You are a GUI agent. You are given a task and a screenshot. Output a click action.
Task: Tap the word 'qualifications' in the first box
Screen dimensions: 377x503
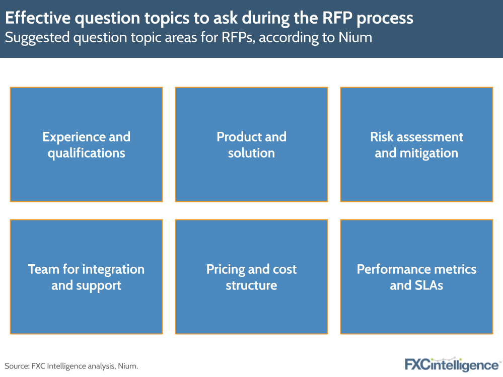pos(86,153)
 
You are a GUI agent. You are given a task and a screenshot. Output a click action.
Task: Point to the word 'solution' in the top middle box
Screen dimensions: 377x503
pos(251,153)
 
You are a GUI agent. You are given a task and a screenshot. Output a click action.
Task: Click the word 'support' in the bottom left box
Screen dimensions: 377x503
pos(99,285)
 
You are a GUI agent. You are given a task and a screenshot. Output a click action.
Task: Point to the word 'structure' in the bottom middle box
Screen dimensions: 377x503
pos(251,285)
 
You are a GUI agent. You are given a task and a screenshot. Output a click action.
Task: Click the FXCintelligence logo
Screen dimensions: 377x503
pos(452,364)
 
